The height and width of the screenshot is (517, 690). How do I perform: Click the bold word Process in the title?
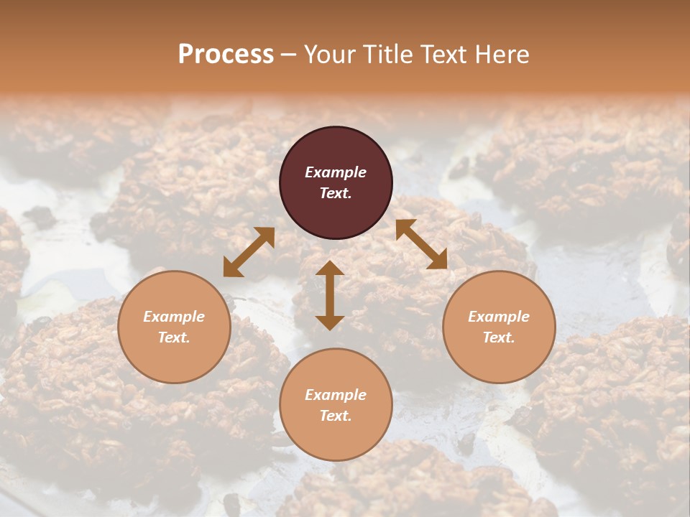pyautogui.click(x=226, y=55)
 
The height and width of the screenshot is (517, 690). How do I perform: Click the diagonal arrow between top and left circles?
pyautogui.click(x=249, y=252)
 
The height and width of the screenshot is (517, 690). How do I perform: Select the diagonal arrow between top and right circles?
pyautogui.click(x=421, y=244)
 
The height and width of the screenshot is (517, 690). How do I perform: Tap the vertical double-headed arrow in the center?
pyautogui.click(x=330, y=295)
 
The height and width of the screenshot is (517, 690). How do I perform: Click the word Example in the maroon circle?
pyautogui.click(x=336, y=172)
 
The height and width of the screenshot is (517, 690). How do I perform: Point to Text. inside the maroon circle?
pyautogui.click(x=336, y=193)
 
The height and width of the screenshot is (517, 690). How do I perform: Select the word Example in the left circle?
pyautogui.click(x=174, y=317)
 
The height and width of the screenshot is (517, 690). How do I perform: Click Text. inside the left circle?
pyautogui.click(x=174, y=337)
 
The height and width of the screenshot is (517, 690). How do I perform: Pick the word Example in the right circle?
pyautogui.click(x=499, y=317)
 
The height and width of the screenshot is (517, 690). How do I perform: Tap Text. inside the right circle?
pyautogui.click(x=499, y=337)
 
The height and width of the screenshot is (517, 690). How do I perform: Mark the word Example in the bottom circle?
pyautogui.click(x=336, y=395)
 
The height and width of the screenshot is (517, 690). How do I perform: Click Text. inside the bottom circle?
pyautogui.click(x=336, y=416)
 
